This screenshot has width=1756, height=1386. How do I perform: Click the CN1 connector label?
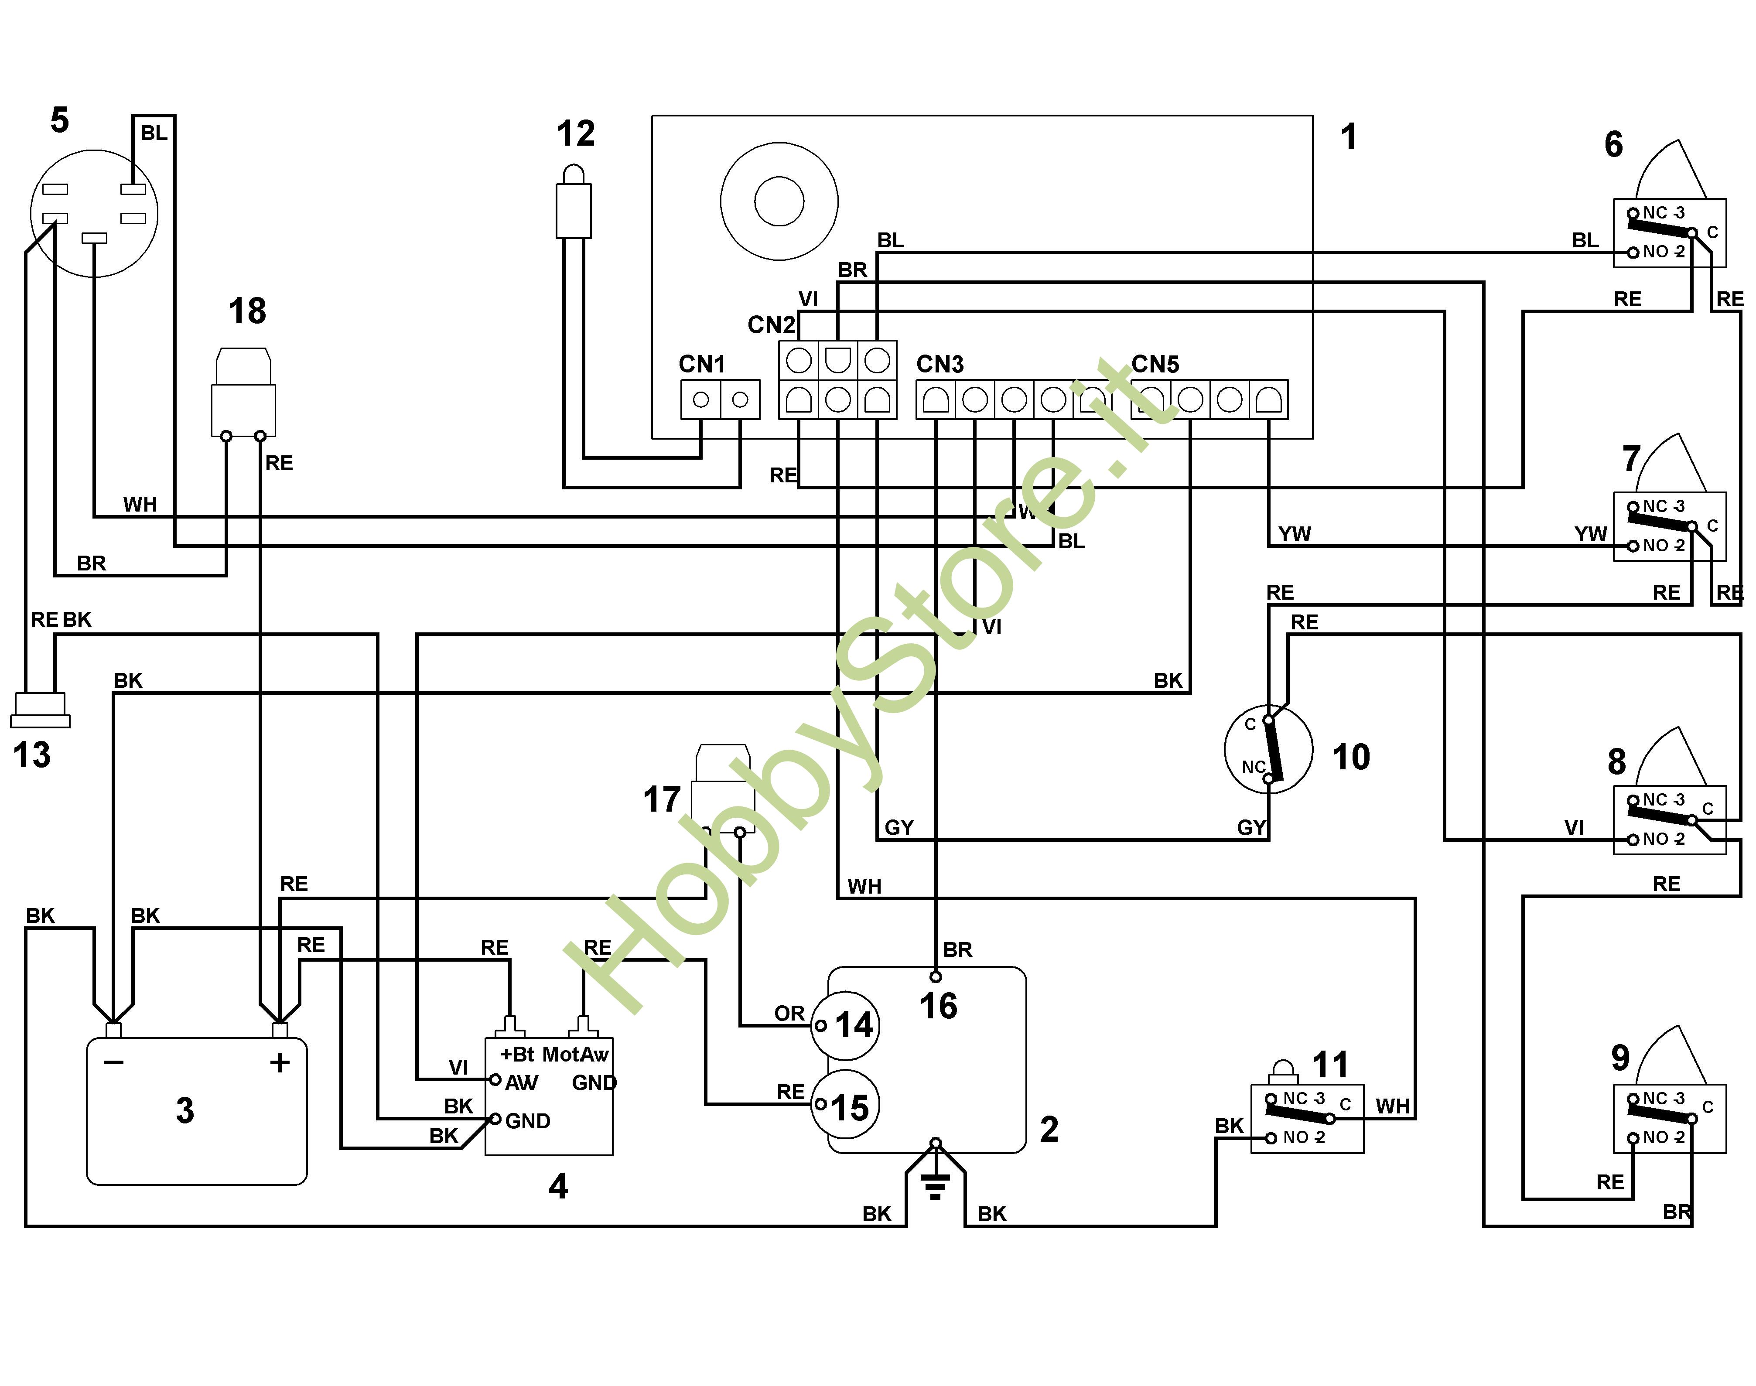click(701, 364)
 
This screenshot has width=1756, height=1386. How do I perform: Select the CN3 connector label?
click(939, 364)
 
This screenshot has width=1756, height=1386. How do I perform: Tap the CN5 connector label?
click(1155, 364)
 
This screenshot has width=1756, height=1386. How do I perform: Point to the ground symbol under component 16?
click(936, 1187)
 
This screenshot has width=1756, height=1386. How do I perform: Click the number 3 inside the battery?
click(185, 1110)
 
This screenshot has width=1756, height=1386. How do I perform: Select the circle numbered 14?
click(846, 1026)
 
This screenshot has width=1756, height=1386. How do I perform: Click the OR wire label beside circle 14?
click(789, 1014)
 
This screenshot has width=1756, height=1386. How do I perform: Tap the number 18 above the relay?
click(247, 311)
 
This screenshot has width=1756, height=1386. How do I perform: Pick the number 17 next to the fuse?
click(661, 799)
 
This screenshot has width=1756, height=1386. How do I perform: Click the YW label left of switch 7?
click(1590, 534)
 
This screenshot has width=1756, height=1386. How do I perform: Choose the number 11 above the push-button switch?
click(1330, 1065)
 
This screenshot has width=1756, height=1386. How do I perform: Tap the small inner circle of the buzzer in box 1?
click(779, 201)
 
